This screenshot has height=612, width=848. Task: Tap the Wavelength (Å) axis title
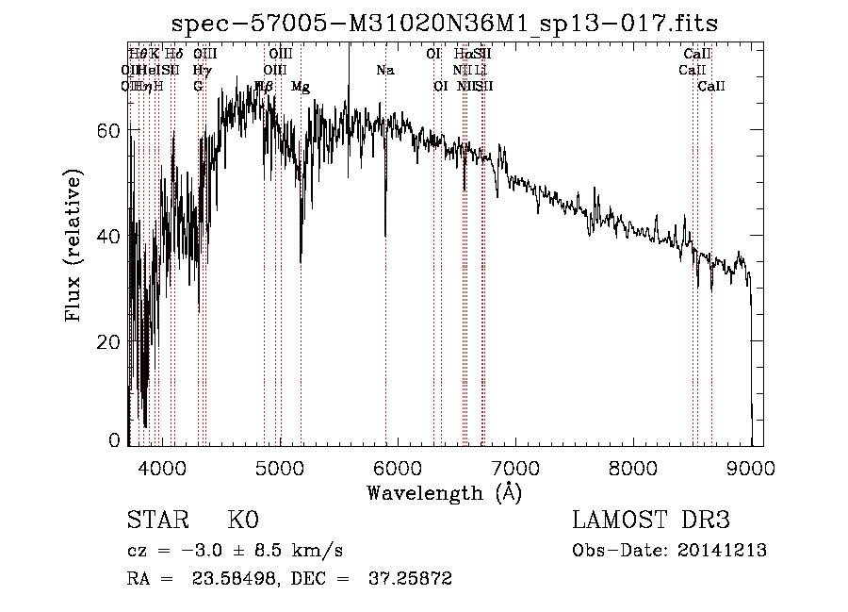(444, 492)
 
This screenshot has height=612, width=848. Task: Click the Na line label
(384, 71)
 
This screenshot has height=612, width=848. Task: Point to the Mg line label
(301, 87)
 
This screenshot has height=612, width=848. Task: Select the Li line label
(481, 71)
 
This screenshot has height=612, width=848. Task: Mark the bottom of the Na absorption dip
(385, 235)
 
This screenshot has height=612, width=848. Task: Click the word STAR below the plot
(155, 521)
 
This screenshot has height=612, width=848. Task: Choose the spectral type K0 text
(242, 521)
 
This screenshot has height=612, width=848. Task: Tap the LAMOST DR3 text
(651, 521)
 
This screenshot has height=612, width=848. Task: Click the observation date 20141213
(726, 551)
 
